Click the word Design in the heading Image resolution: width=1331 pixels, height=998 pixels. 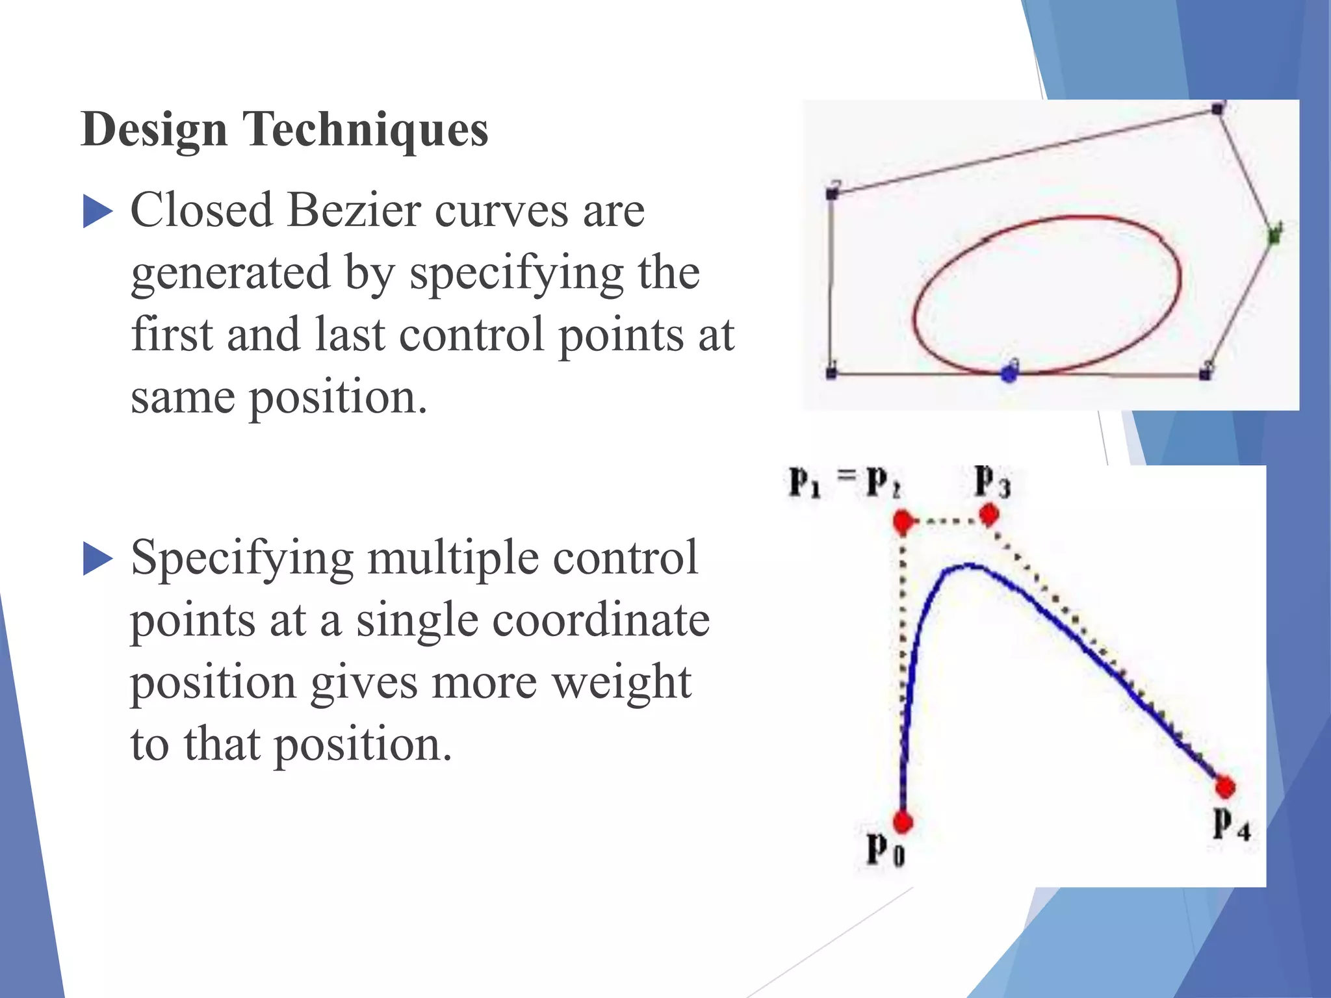click(x=154, y=130)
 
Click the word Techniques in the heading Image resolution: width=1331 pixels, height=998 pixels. click(x=365, y=130)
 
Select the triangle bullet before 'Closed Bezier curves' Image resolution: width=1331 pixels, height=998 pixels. click(x=97, y=212)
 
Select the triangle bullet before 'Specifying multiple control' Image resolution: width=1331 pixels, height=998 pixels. click(x=97, y=559)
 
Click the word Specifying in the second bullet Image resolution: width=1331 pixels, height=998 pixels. click(x=242, y=559)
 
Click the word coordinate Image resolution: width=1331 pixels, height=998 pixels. click(x=601, y=620)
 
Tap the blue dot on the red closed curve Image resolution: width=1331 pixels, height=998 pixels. click(x=1008, y=374)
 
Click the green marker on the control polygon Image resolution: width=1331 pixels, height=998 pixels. click(x=1274, y=235)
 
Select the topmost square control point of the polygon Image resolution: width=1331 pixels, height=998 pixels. click(x=1218, y=109)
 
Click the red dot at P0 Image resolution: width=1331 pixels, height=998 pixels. click(x=902, y=822)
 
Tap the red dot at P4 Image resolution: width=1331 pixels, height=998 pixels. click(x=1225, y=787)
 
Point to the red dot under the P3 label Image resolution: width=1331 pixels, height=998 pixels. click(x=989, y=515)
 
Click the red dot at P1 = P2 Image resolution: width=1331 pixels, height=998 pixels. click(x=903, y=521)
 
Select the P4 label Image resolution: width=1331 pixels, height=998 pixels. click(x=1231, y=825)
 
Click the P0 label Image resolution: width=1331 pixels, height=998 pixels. click(x=885, y=849)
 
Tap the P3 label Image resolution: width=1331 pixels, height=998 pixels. click(x=992, y=482)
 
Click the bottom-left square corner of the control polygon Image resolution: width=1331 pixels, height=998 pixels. click(x=831, y=373)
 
